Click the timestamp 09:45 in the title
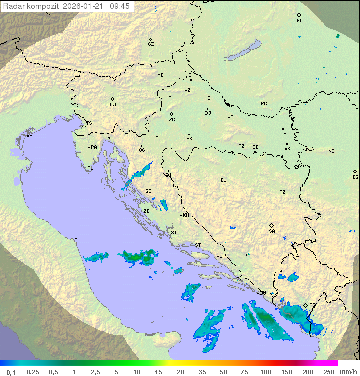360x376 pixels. (x=120, y=6)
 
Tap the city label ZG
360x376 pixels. (x=172, y=120)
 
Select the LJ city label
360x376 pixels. (x=113, y=105)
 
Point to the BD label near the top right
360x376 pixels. (x=299, y=21)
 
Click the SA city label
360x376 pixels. (x=272, y=231)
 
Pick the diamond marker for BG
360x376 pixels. (x=355, y=171)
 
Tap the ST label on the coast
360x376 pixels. (x=198, y=245)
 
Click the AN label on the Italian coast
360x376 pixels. (x=77, y=240)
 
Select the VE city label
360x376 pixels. (x=29, y=136)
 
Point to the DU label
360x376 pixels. (x=263, y=293)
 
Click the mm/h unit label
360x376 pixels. (x=348, y=372)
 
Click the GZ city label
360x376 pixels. (x=151, y=44)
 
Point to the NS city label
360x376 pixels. (x=331, y=151)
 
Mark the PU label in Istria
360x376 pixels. (x=90, y=168)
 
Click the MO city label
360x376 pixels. (x=251, y=254)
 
